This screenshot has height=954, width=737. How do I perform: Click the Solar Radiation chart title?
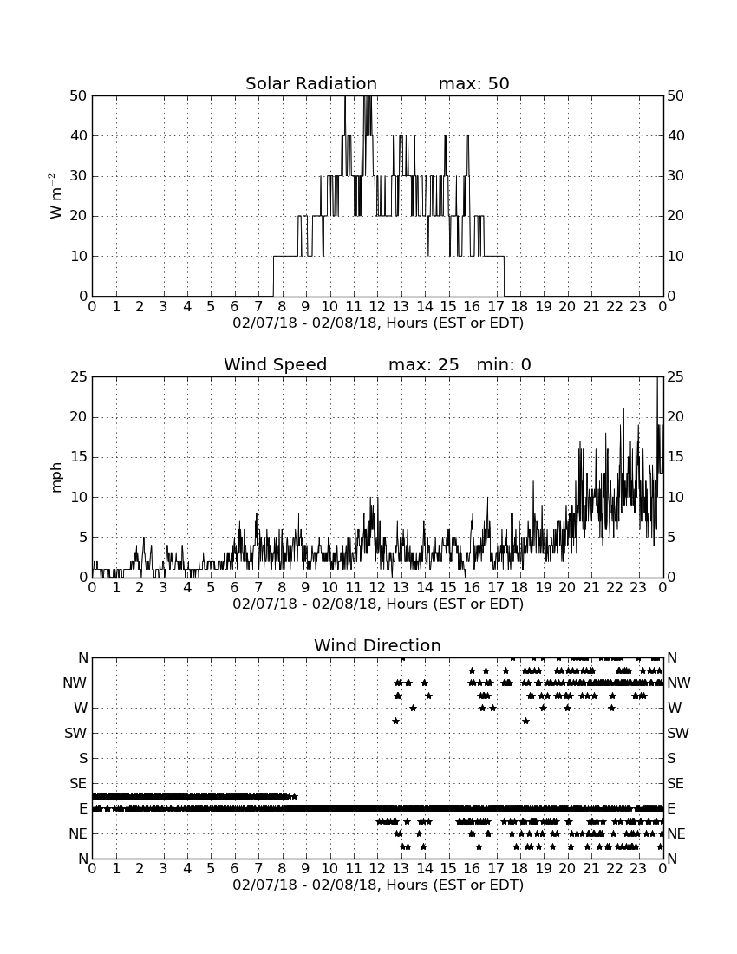coord(310,83)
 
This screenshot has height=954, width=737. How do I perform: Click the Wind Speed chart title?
coord(276,364)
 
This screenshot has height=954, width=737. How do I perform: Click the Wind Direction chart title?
coord(377,645)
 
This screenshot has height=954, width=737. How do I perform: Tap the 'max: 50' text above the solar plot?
coord(473,83)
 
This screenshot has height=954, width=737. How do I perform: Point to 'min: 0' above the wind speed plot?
coord(504,364)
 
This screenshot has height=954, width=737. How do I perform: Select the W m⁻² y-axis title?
coord(55,196)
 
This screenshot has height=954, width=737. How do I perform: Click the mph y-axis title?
coord(56,478)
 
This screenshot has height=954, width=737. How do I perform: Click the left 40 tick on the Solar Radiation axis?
coord(79,135)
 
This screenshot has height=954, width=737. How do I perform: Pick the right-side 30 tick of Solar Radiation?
coord(675,176)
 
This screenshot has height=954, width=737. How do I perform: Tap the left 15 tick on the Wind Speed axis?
coord(79,457)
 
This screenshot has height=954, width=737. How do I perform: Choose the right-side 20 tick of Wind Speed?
coord(675,417)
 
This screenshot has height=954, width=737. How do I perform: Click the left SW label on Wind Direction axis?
coord(76,733)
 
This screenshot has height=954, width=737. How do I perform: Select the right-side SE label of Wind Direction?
coord(675,784)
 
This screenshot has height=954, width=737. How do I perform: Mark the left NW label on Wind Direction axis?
coord(75,683)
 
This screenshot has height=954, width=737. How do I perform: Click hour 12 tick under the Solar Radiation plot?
coord(377,307)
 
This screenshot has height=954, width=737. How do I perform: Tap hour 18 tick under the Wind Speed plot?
coord(520,588)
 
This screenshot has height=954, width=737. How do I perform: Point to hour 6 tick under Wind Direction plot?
coord(235,869)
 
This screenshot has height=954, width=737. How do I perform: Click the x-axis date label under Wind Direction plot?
coord(378,885)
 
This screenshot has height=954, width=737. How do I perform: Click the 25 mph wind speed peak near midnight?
coord(656,378)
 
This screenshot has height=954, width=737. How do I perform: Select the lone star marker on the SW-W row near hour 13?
coord(395,721)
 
